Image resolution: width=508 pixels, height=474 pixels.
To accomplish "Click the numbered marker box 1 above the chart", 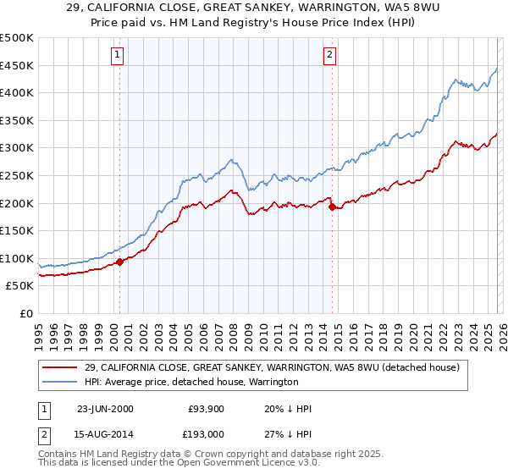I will pos(117,56).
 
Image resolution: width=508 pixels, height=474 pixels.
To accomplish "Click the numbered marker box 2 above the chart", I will pos(329,56).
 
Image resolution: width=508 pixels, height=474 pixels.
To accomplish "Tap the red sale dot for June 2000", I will pos(119,262).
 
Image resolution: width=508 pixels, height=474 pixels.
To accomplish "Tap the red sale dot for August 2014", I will pos(332,207).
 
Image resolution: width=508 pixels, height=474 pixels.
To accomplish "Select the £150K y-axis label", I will pos(18,230).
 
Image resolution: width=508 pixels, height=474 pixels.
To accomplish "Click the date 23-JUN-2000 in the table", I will pos(105,409).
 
